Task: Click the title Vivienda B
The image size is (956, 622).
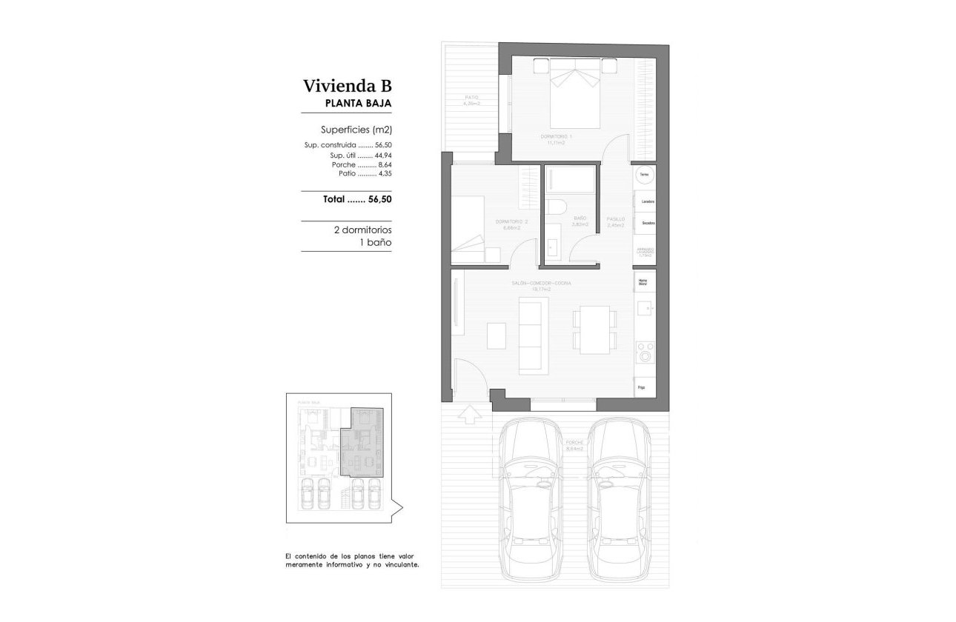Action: tap(346, 85)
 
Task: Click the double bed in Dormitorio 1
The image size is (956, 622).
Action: tap(576, 96)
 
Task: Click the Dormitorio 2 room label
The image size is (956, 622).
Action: tap(511, 222)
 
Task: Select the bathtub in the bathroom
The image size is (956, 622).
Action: tap(570, 180)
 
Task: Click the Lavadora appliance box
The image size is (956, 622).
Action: tap(646, 201)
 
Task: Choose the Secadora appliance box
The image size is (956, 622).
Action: tap(646, 222)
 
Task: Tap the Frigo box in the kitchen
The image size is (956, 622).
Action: tap(642, 387)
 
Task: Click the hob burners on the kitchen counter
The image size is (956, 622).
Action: tap(645, 351)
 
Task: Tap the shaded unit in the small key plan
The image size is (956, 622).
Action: tap(361, 444)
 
